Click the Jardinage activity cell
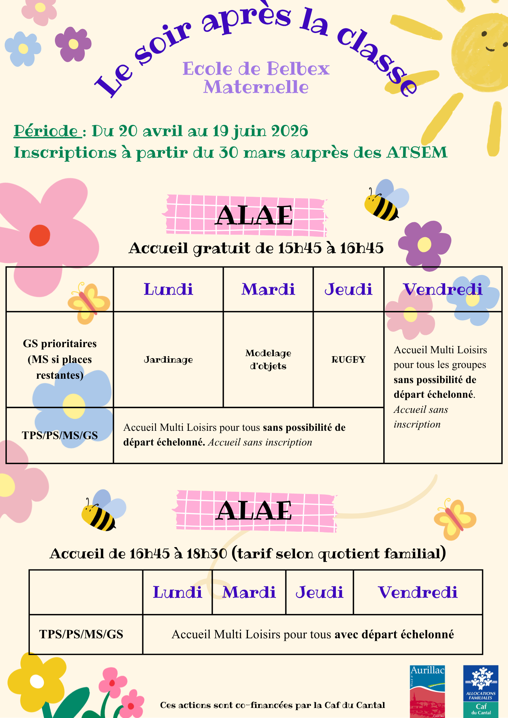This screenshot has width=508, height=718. [168, 359]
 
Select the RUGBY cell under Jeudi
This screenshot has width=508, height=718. [348, 359]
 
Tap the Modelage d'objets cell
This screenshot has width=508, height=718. [268, 359]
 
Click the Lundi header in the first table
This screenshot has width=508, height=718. [168, 289]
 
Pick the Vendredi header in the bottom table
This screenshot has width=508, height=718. [417, 592]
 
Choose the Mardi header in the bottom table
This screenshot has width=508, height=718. [249, 592]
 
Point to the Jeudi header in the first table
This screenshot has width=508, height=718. [348, 289]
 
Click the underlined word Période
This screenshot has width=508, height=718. [46, 131]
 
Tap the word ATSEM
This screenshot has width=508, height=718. [417, 153]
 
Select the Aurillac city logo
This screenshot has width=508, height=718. [427, 691]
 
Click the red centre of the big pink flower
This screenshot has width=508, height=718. [40, 235]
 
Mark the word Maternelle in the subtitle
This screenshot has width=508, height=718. [256, 87]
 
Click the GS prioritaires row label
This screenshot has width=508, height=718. [60, 359]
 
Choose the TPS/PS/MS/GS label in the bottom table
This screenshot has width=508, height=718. [81, 634]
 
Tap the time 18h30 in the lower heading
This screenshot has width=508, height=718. [207, 554]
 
